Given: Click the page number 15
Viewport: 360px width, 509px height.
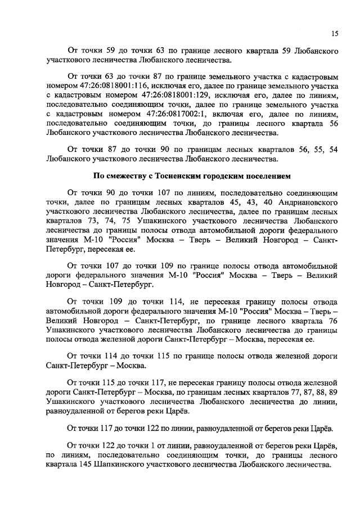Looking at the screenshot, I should (x=334, y=34).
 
